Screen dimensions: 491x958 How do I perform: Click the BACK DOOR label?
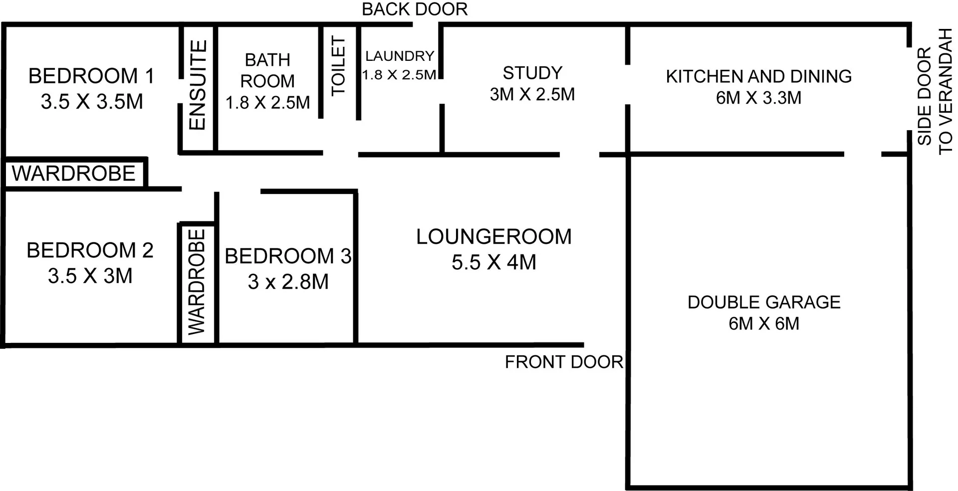(x=415, y=9)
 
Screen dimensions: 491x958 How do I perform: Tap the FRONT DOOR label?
(x=564, y=362)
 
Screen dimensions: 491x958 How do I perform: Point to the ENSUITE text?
(x=198, y=85)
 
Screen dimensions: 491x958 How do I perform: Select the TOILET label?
(x=339, y=66)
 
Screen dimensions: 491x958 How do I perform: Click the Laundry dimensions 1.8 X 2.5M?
(x=399, y=75)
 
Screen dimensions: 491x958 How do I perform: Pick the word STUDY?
(x=532, y=73)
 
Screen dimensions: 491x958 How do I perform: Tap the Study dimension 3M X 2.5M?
(x=532, y=94)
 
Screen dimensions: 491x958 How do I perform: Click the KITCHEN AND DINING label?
(x=758, y=76)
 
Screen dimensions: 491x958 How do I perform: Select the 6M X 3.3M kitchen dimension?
(x=758, y=98)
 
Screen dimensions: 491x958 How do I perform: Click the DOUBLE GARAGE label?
(x=764, y=302)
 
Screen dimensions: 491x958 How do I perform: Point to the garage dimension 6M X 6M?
(x=764, y=324)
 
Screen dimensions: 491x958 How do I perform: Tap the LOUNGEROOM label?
(x=494, y=237)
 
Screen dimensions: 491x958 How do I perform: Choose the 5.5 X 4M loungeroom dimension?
(x=494, y=262)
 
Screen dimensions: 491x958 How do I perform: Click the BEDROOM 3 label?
(x=288, y=256)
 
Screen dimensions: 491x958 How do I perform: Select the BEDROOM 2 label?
(x=90, y=250)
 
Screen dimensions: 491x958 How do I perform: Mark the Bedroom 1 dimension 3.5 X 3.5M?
(x=92, y=102)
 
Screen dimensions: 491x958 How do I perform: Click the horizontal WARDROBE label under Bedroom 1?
(x=74, y=173)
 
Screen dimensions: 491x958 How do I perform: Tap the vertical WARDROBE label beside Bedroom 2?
(x=197, y=282)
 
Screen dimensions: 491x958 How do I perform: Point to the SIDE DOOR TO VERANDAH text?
(x=934, y=92)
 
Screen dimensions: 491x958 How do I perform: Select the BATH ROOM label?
(x=267, y=70)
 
